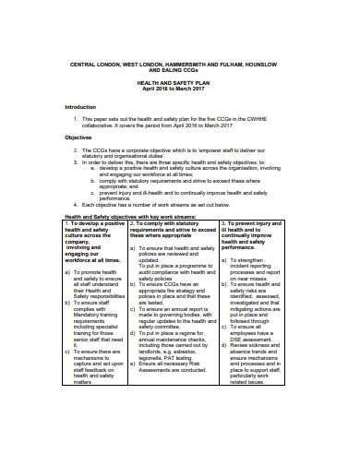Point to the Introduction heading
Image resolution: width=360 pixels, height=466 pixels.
tap(79, 106)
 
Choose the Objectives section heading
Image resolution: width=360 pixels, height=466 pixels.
tap(77, 137)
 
